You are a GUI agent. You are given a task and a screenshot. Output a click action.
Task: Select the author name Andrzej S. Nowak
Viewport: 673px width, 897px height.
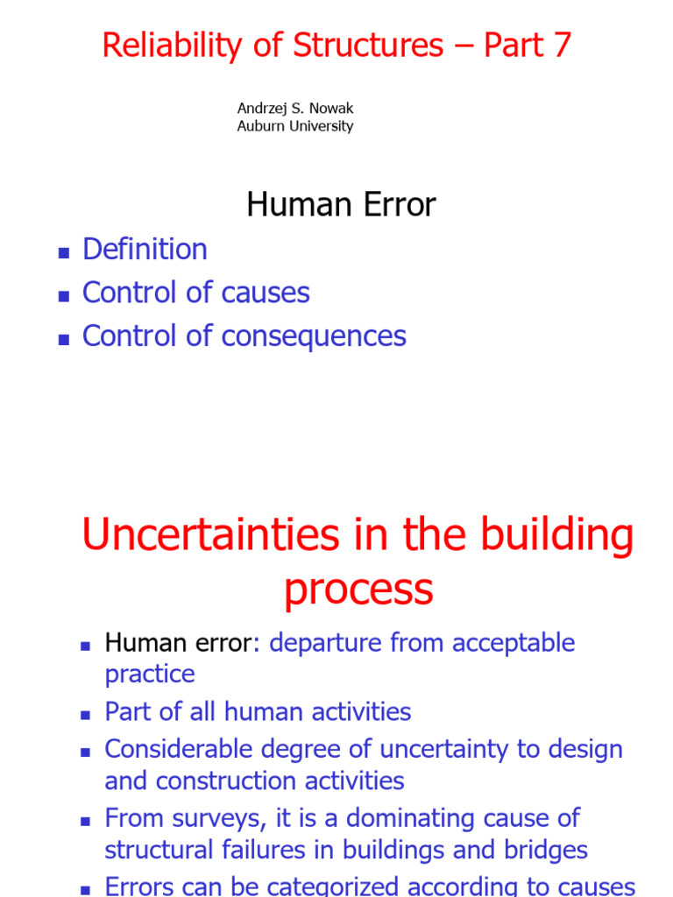click(x=295, y=109)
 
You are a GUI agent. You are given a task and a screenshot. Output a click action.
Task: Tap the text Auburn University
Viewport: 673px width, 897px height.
click(x=295, y=126)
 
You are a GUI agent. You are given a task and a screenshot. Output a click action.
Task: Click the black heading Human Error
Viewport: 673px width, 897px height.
click(x=341, y=205)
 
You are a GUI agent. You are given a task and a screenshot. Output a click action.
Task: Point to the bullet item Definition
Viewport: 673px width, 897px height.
click(x=145, y=250)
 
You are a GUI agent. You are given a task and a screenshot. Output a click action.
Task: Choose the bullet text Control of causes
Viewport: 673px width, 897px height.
click(x=195, y=293)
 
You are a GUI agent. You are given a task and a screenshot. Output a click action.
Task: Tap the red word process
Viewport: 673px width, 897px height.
click(x=358, y=590)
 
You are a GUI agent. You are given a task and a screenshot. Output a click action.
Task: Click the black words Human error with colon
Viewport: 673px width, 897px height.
click(x=182, y=643)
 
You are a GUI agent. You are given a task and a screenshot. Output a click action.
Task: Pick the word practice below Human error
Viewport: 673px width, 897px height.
click(x=150, y=675)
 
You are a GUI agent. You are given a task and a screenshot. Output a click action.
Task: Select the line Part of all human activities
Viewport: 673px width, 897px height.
click(x=258, y=711)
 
